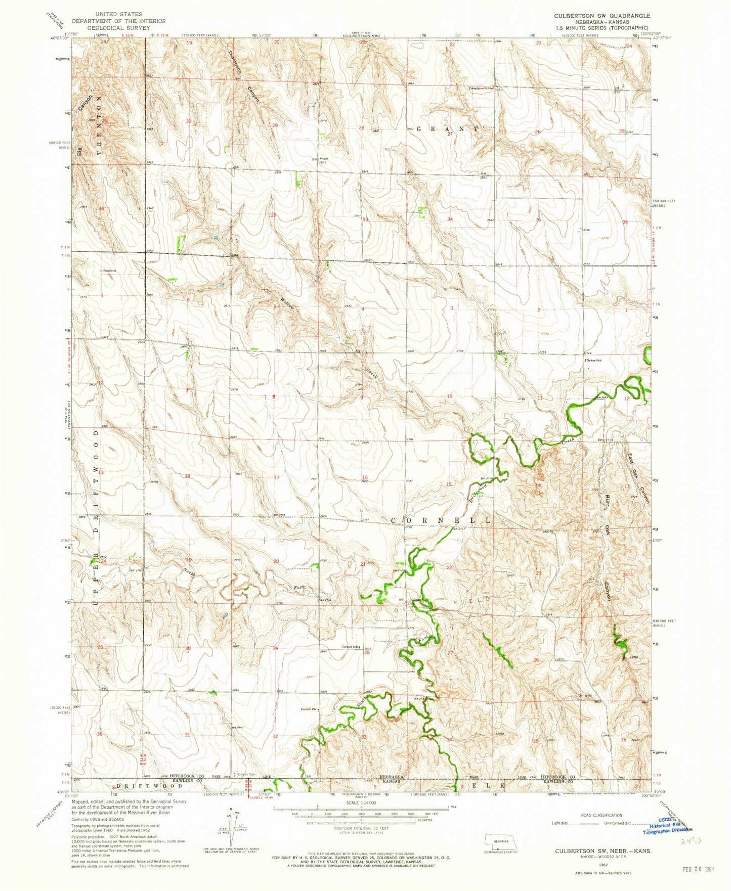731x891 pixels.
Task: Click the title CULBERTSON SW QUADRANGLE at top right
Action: pos(602,16)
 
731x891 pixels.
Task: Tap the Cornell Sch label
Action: pos(350,647)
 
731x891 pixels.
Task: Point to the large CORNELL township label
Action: pos(442,520)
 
